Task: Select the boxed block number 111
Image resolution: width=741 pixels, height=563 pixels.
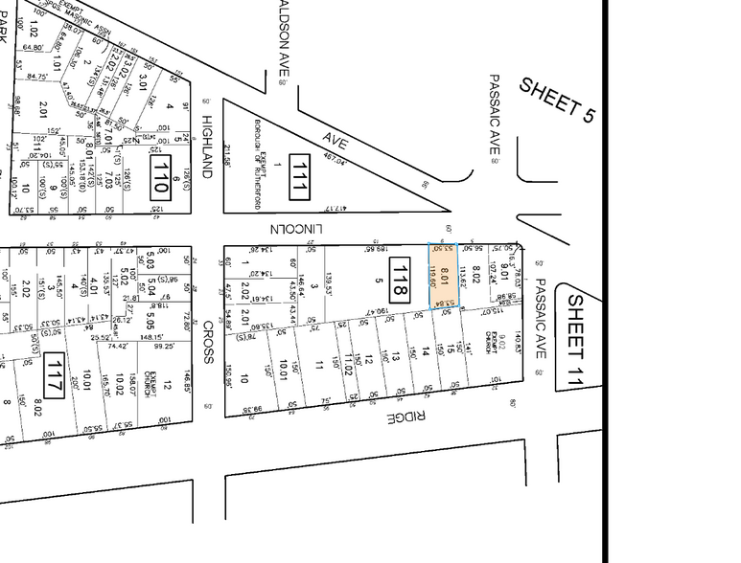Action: [299, 176]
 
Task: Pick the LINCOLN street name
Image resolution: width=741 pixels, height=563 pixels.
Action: [300, 230]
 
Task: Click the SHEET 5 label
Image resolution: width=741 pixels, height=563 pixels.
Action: [557, 100]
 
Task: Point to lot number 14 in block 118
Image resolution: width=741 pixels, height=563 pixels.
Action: [426, 351]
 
